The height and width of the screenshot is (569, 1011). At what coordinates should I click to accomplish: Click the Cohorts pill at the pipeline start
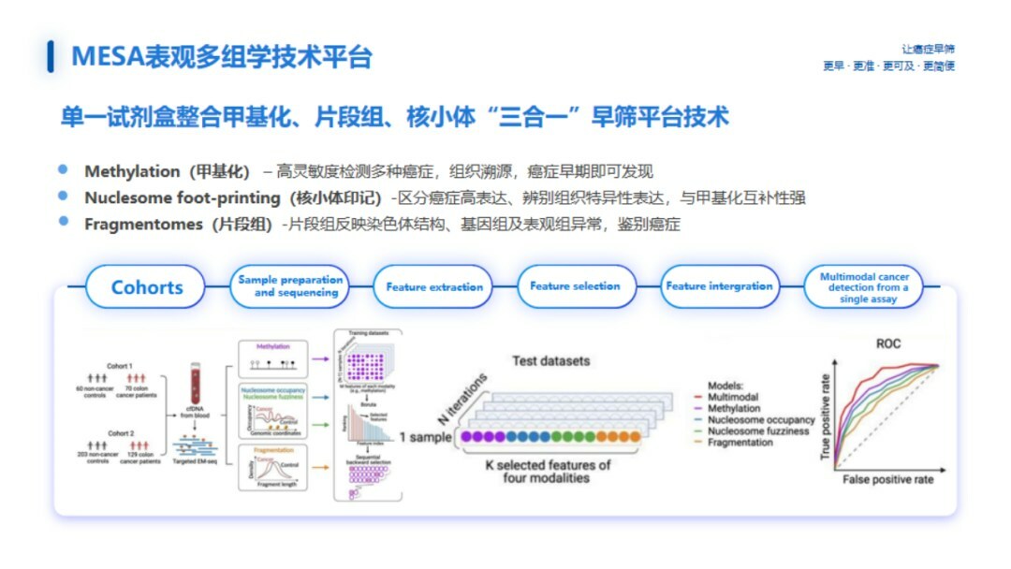point(147,287)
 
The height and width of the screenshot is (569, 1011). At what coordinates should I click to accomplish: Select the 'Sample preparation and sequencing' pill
point(290,286)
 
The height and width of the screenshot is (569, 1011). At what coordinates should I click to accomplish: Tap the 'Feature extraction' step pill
point(433,286)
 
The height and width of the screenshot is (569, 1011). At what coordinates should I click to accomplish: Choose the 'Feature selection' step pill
point(575,285)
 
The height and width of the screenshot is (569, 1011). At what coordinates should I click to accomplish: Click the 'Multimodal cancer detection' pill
point(863,287)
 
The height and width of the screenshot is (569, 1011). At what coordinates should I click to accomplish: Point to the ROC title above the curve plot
point(888,343)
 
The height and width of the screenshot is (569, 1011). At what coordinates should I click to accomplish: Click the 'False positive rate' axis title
point(887,478)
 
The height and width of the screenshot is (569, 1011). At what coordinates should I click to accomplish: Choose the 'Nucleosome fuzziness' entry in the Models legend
point(757,431)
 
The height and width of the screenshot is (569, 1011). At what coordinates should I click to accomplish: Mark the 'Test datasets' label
point(551,360)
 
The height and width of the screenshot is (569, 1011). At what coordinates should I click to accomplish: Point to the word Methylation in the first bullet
point(132,171)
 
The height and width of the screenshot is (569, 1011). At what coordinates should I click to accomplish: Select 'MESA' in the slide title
point(105,57)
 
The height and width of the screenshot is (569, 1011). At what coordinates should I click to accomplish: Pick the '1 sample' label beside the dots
point(426,437)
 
